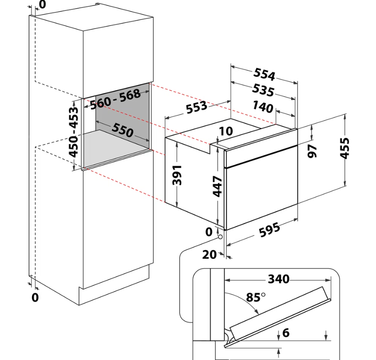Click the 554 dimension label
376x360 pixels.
click(x=264, y=74)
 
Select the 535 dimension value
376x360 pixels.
click(x=263, y=90)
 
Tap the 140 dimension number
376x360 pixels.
click(x=263, y=107)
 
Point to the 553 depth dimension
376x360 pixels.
click(x=196, y=107)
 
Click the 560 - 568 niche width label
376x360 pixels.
click(x=115, y=99)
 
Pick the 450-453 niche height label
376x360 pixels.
click(x=74, y=132)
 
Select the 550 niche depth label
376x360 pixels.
click(x=122, y=130)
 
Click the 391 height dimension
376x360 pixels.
click(x=177, y=175)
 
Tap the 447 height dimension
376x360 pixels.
click(x=218, y=186)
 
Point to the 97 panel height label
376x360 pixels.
click(x=312, y=151)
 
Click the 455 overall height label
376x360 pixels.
click(x=344, y=148)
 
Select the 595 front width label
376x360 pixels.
click(x=269, y=230)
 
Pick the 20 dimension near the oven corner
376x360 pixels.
click(x=209, y=254)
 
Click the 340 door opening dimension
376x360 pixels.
click(x=279, y=279)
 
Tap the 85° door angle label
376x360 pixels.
click(x=256, y=297)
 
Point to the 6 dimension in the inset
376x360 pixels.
click(x=286, y=333)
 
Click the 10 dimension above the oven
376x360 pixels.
click(x=226, y=131)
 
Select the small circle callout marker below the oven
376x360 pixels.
click(x=220, y=237)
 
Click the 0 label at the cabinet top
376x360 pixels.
click(x=42, y=4)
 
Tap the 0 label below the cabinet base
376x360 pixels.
click(x=35, y=297)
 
